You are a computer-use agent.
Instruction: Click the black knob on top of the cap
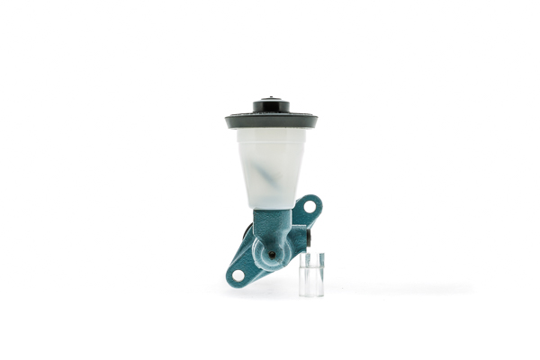tap(272, 106)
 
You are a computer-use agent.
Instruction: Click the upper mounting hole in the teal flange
tap(310, 207)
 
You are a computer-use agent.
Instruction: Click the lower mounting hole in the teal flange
tap(238, 274)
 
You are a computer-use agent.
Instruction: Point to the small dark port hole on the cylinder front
tap(272, 255)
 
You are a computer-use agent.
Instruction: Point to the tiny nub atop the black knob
tap(272, 98)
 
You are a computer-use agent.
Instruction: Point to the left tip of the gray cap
tap(228, 120)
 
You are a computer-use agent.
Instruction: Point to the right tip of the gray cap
tap(316, 120)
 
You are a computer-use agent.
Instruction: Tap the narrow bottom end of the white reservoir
tap(271, 203)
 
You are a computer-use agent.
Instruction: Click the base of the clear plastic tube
tap(311, 293)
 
